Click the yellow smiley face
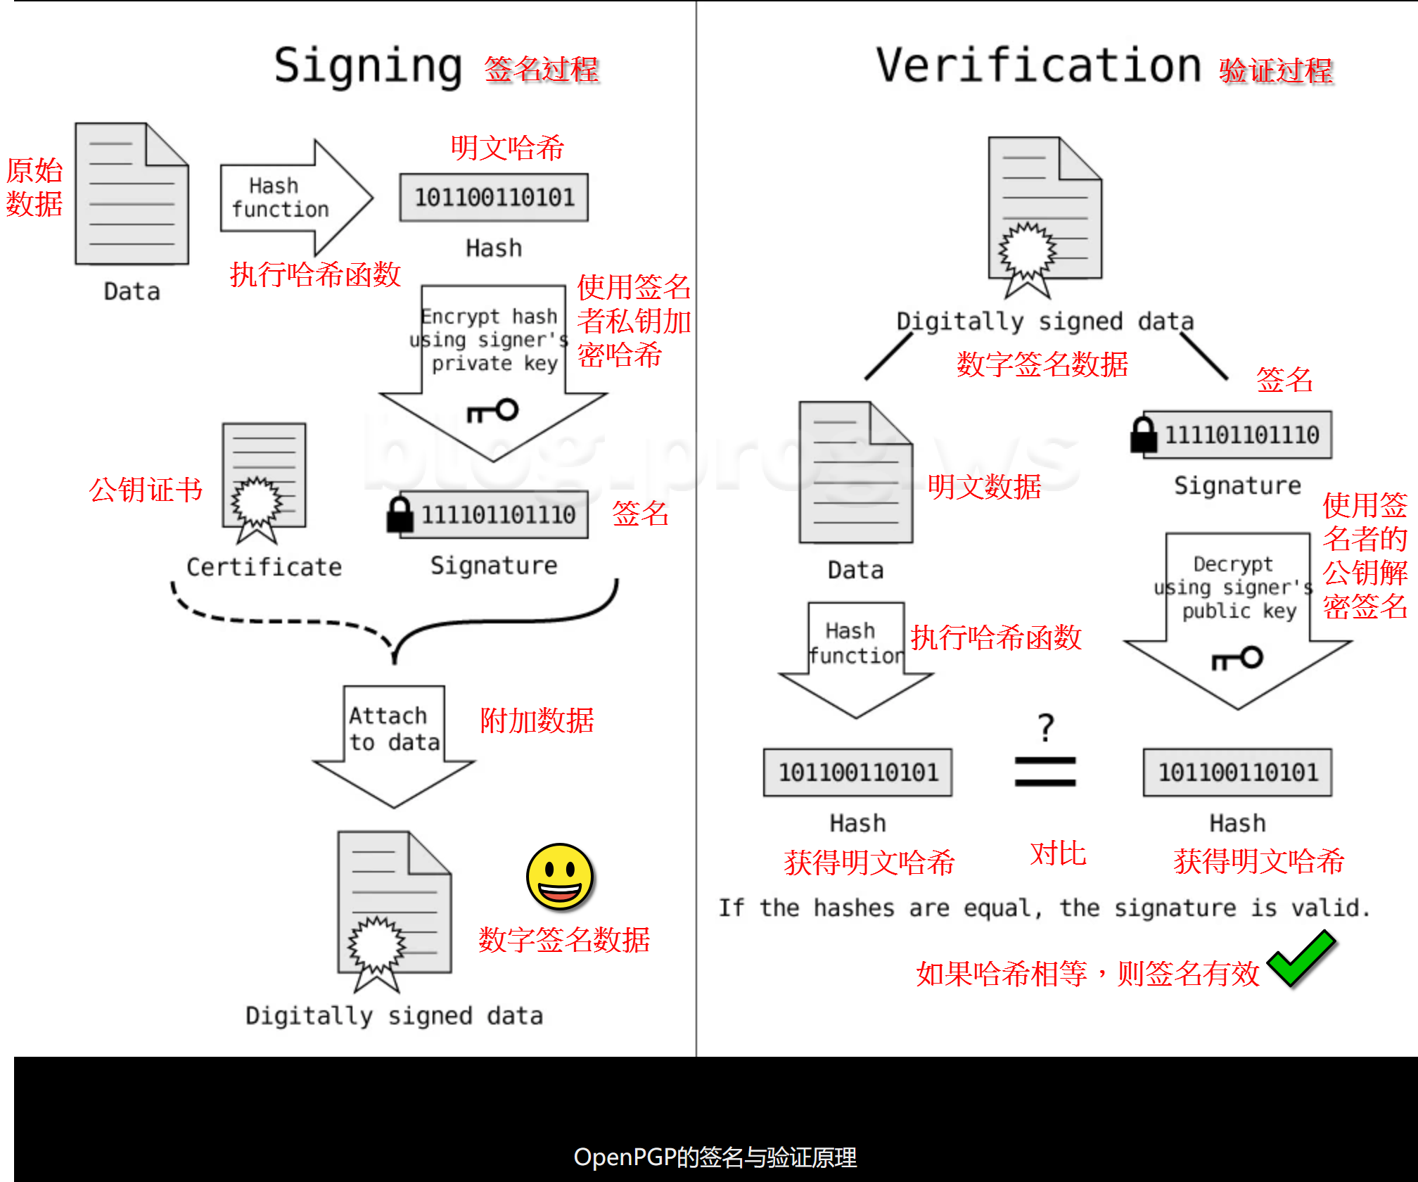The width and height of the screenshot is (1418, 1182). [x=560, y=877]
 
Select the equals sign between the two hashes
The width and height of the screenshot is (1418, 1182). [x=1045, y=772]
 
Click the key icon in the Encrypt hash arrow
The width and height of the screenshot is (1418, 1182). [x=494, y=411]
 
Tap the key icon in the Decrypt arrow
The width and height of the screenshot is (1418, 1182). [x=1237, y=659]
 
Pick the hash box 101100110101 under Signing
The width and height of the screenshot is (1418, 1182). [x=494, y=198]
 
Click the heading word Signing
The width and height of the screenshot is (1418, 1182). [x=368, y=66]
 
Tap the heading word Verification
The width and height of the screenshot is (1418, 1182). [x=1037, y=66]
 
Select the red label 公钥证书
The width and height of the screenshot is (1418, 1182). [x=146, y=490]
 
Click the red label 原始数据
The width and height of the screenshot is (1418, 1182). [x=34, y=187]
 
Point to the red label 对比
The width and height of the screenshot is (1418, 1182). [x=1058, y=853]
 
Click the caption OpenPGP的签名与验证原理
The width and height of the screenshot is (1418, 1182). [x=715, y=1157]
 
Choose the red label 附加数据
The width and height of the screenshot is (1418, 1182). [x=537, y=721]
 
